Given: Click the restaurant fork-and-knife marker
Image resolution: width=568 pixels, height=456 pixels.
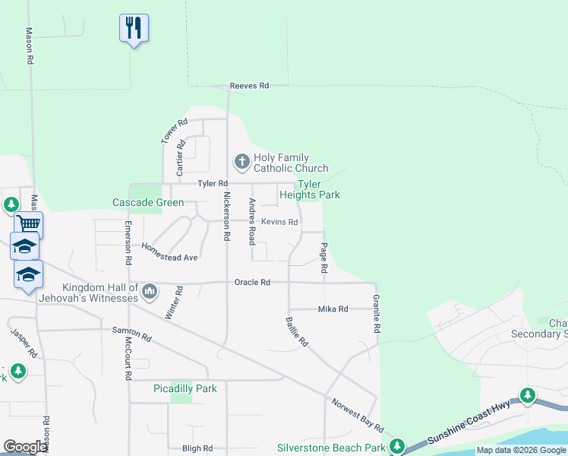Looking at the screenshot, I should click(x=134, y=28).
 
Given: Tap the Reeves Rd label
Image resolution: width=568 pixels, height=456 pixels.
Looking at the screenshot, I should click(x=250, y=87).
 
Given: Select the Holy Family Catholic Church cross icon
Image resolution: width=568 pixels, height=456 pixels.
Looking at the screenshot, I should click(x=241, y=161).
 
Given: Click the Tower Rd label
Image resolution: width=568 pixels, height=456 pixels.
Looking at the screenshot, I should click(x=174, y=131).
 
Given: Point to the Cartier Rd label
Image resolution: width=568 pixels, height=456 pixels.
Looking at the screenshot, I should click(x=181, y=155).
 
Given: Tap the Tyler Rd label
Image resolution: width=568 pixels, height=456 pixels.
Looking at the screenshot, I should click(x=213, y=184).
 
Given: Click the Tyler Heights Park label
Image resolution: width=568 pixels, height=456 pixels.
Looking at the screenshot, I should click(x=318, y=189).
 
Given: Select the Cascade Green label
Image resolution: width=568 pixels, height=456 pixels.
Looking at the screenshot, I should click(x=148, y=202).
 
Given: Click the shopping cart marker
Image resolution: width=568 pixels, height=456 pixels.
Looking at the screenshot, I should click(x=28, y=223).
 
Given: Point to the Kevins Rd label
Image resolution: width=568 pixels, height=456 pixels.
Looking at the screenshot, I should click(x=279, y=222).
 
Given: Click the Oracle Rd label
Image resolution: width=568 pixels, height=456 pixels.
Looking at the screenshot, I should click(x=252, y=283).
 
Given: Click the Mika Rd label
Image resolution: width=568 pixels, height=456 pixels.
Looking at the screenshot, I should click(x=333, y=309).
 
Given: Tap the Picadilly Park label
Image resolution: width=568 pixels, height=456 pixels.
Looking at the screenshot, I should click(x=185, y=388).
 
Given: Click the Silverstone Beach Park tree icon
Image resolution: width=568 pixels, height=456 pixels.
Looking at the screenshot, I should click(x=396, y=446).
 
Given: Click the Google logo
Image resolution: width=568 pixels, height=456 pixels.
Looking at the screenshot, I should click(x=26, y=447).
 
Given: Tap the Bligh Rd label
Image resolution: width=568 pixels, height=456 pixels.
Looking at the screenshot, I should click(x=197, y=448).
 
